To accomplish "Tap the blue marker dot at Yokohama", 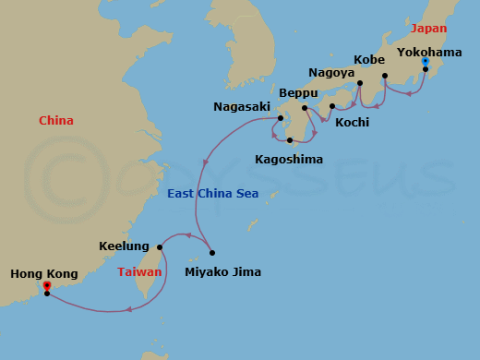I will click(425, 62).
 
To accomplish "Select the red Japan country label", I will click(428, 29).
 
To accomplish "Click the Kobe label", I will click(369, 60).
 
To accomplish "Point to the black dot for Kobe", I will click(384, 76).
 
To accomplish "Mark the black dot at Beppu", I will click(304, 108).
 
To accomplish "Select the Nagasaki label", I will click(242, 107).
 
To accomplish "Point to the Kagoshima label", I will click(289, 159).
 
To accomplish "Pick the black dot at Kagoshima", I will click(290, 140).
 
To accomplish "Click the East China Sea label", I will click(212, 194).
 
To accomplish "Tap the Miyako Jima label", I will click(222, 271).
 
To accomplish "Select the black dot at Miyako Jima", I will click(211, 253).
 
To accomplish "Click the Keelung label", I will click(124, 246).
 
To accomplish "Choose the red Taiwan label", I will click(139, 272).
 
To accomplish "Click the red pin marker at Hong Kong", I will click(46, 287).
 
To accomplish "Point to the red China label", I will click(56, 121).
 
